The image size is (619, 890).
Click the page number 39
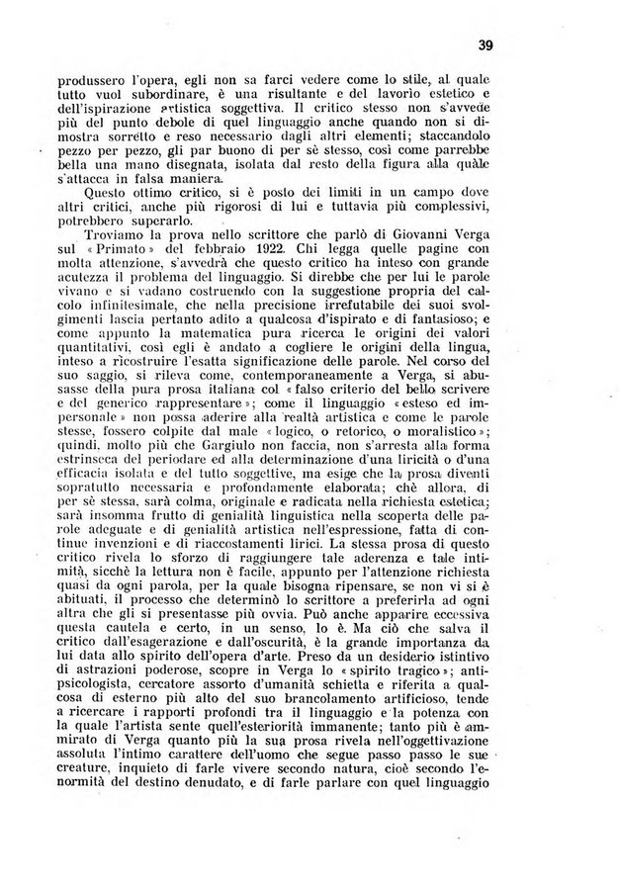click(x=485, y=44)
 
